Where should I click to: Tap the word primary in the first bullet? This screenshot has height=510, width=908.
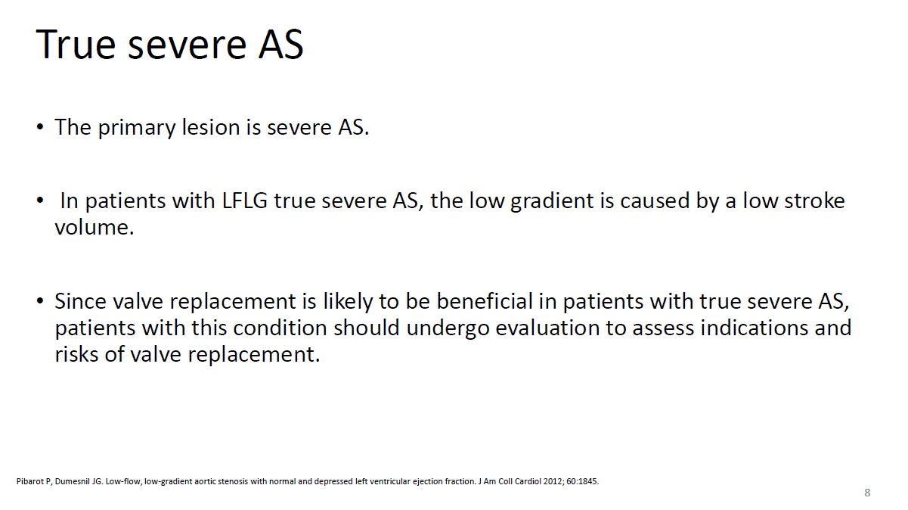point(137,128)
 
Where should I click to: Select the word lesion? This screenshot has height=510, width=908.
point(211,127)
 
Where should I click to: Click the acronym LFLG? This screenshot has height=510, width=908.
point(245,201)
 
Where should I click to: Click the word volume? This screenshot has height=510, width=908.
point(95,227)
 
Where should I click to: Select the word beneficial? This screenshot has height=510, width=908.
point(485,301)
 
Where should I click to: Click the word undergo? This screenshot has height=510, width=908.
point(448,328)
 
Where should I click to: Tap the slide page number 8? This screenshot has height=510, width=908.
point(867,493)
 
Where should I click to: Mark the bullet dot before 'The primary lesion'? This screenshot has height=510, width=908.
point(40,128)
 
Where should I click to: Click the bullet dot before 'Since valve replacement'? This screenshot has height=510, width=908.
point(40,301)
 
